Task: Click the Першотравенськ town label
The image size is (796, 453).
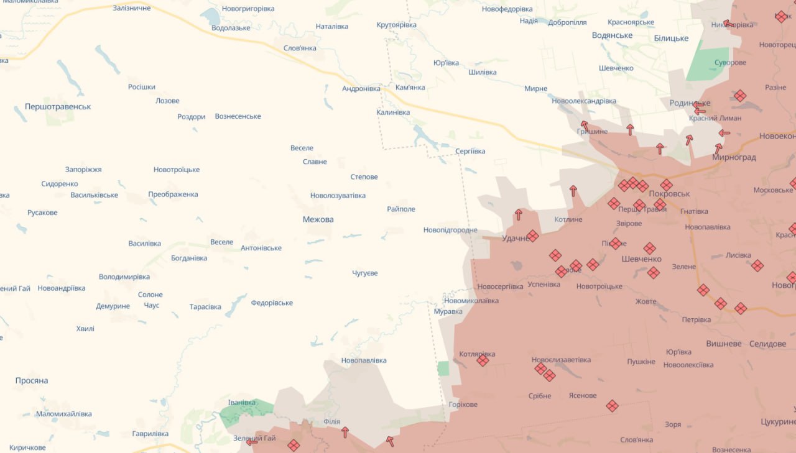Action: pyautogui.click(x=58, y=107)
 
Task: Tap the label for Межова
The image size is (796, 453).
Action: pyautogui.click(x=318, y=219)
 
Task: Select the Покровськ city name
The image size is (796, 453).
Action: pyautogui.click(x=669, y=194)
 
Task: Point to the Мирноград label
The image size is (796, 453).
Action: pyautogui.click(x=734, y=158)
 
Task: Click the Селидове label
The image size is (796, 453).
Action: pyautogui.click(x=767, y=344)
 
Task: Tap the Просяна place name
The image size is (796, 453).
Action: pyautogui.click(x=32, y=381)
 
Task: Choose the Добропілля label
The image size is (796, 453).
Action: pyautogui.click(x=567, y=22)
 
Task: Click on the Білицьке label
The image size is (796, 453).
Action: pyautogui.click(x=671, y=39)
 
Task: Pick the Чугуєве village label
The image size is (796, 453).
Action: pyautogui.click(x=365, y=273)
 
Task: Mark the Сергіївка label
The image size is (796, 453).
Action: pyautogui.click(x=470, y=151)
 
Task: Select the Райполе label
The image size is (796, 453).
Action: pyautogui.click(x=400, y=209)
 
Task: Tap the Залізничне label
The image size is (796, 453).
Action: pyautogui.click(x=132, y=8)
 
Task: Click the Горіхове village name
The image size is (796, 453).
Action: pyautogui.click(x=463, y=405)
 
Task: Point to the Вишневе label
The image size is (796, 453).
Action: pyautogui.click(x=724, y=344)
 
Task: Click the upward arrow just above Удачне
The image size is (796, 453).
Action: pyautogui.click(x=518, y=215)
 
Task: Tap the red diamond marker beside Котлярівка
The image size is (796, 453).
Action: pyautogui.click(x=483, y=360)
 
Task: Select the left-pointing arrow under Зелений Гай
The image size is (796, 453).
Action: pyautogui.click(x=252, y=442)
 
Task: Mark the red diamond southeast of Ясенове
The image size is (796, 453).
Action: pyautogui.click(x=612, y=406)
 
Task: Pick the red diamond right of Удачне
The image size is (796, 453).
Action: pyautogui.click(x=532, y=236)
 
